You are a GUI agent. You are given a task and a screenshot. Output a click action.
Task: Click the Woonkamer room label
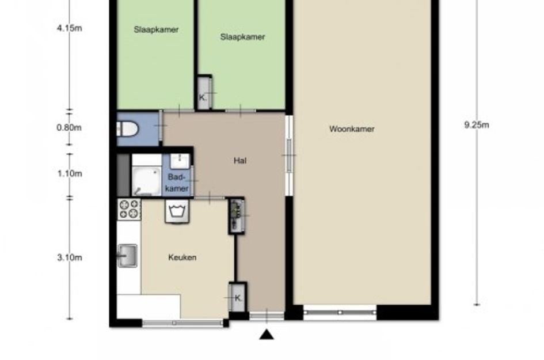(x=352, y=129)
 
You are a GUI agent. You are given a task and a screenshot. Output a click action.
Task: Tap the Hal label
(x=240, y=160)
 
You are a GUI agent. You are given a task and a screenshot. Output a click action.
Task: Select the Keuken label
(x=182, y=257)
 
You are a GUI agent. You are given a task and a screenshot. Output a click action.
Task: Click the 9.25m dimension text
(x=477, y=124)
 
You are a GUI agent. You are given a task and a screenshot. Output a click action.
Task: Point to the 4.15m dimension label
(x=70, y=28)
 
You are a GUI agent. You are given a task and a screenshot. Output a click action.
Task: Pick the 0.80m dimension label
(x=69, y=127)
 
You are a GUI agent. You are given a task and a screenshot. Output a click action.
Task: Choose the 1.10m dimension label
(x=70, y=173)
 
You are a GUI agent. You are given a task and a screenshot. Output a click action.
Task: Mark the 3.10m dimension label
(x=70, y=257)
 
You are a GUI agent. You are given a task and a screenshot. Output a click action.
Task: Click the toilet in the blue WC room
(x=127, y=129)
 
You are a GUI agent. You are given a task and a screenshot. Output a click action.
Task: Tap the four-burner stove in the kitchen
(x=129, y=209)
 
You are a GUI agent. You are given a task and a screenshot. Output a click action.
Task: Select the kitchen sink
(x=127, y=256)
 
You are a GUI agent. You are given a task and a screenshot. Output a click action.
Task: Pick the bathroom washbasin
(x=180, y=161)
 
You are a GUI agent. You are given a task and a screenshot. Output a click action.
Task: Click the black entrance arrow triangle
(x=267, y=335)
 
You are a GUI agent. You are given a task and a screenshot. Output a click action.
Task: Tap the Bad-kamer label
(x=177, y=183)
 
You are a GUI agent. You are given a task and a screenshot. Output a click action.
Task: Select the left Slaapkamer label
(x=156, y=30)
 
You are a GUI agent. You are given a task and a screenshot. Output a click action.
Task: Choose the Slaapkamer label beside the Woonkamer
(x=242, y=37)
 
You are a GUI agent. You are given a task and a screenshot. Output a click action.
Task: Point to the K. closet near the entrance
(x=237, y=298)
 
